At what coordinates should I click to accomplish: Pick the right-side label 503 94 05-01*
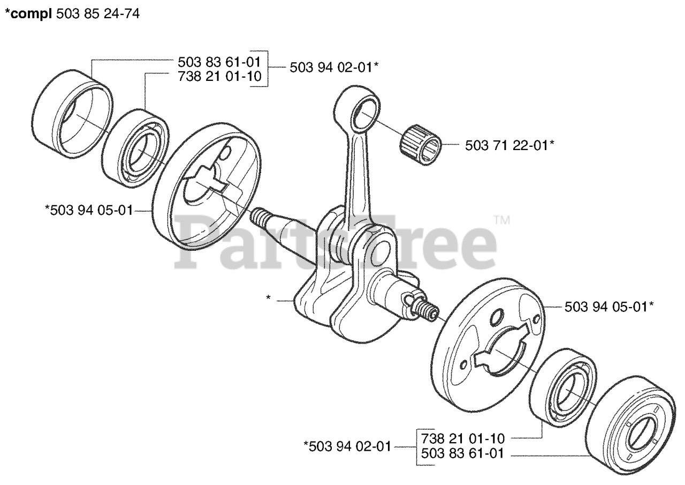coord(610,307)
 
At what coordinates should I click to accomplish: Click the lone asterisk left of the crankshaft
coord(268,297)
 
